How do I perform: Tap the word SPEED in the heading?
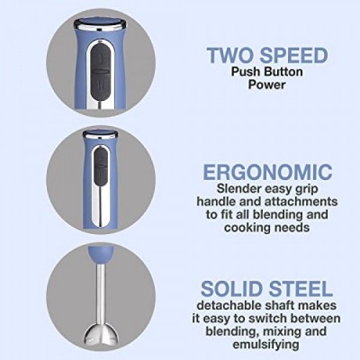click(x=293, y=55)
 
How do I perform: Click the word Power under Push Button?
click(x=266, y=85)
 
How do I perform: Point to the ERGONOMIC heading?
click(x=267, y=172)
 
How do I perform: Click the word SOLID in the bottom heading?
click(x=231, y=289)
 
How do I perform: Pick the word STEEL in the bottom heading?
click(x=301, y=289)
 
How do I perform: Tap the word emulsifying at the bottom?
click(x=266, y=344)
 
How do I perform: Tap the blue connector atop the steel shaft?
click(x=101, y=254)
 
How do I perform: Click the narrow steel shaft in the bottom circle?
click(x=101, y=293)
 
